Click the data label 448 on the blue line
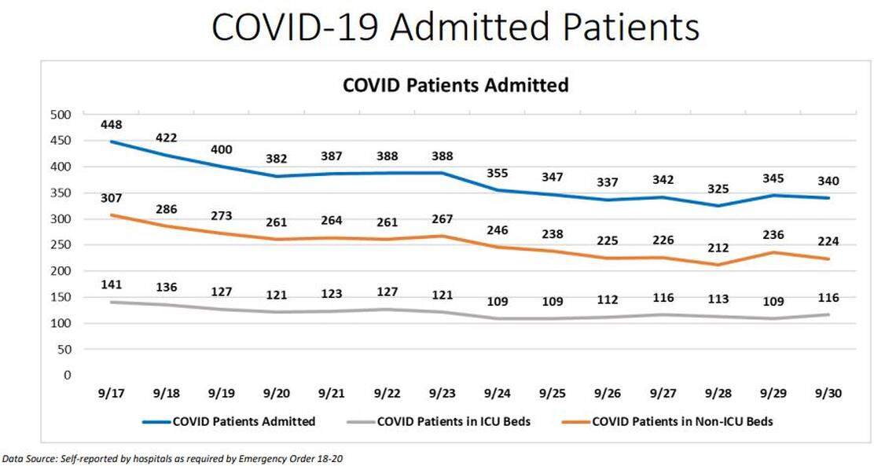pos(111,124)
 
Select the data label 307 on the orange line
pos(111,198)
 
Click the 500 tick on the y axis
pos(61,115)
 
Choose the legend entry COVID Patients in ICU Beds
pos(454,422)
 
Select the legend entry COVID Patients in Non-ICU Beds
pos(682,422)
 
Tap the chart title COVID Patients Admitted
pos(455,85)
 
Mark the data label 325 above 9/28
pos(717,189)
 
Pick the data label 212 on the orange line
pos(717,248)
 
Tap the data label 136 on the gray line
pos(166,288)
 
